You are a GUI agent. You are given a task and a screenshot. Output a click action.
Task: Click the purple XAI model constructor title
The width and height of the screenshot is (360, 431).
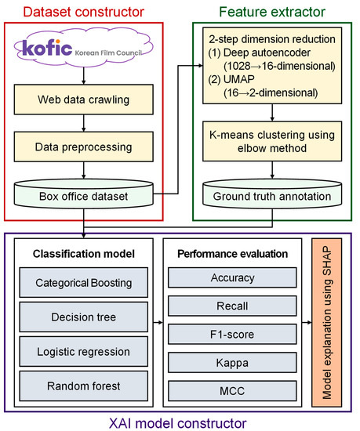[x=179, y=422]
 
